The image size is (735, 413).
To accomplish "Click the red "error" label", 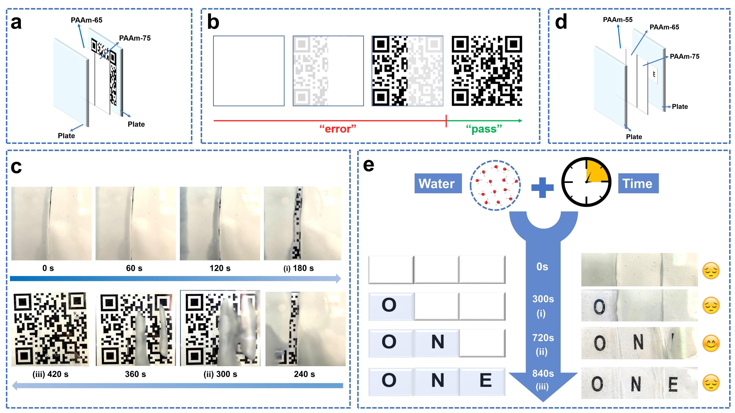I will pyautogui.click(x=338, y=129).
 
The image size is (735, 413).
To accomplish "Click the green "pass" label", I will pyautogui.click(x=484, y=129).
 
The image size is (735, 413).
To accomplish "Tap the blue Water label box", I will pyautogui.click(x=438, y=183).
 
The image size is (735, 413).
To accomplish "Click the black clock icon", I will pyautogui.click(x=586, y=182).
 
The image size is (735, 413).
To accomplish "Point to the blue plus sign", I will pyautogui.click(x=542, y=187).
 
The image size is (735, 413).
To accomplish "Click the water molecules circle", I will pyautogui.click(x=495, y=185).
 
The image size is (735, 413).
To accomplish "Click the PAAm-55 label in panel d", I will pyautogui.click(x=617, y=20).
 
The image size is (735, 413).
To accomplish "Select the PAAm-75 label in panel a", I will pyautogui.click(x=135, y=38).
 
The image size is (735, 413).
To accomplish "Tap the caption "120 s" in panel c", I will pyautogui.click(x=220, y=268).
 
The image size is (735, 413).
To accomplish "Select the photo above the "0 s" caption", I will pyautogui.click(x=51, y=223).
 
